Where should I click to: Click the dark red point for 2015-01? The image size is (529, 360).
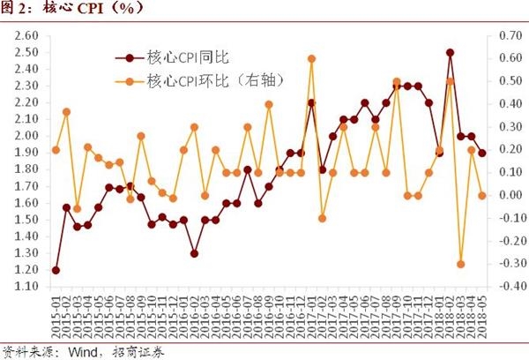[56, 270]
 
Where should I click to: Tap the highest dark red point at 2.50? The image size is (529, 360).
[450, 53]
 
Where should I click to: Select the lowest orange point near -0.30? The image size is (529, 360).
[460, 264]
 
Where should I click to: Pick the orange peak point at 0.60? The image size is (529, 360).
[311, 59]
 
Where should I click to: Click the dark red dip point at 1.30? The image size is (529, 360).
[194, 253]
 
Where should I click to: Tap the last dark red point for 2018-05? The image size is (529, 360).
[481, 154]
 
